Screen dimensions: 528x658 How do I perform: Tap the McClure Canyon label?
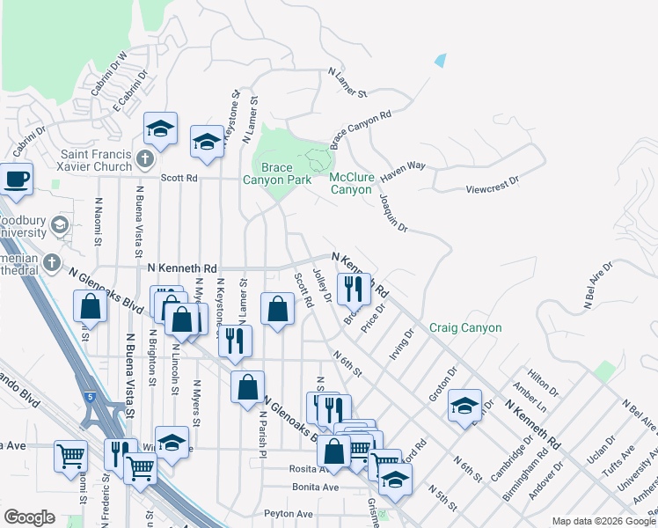[x=351, y=183]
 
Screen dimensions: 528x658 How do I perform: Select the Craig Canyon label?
[x=465, y=328]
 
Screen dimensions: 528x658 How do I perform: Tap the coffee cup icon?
[x=17, y=179]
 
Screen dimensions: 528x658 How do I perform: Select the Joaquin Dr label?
[x=393, y=213]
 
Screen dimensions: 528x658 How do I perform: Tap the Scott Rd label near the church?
[x=179, y=177]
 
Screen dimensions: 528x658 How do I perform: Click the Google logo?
[x=29, y=517]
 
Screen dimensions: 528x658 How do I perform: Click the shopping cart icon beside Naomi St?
[x=70, y=456]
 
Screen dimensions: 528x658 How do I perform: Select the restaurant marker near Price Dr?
[x=354, y=288]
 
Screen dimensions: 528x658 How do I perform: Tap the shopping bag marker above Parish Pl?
[x=248, y=385]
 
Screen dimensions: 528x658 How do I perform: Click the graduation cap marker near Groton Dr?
[x=464, y=406]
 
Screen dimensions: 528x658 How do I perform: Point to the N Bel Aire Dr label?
[x=598, y=285]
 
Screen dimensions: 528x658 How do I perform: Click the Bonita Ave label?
[x=318, y=487]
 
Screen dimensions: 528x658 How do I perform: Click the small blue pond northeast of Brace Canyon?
[x=440, y=61]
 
